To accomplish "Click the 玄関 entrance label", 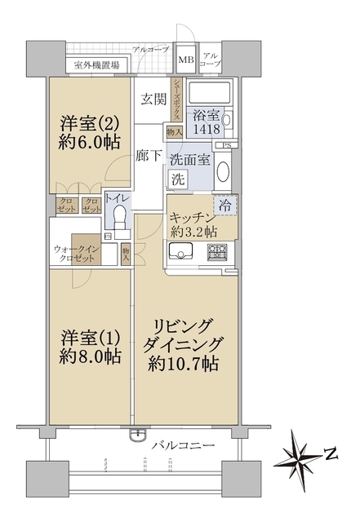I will point(152,100).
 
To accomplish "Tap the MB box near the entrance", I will point(186,60).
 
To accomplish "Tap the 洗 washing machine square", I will point(176,179).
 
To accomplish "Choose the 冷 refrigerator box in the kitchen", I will point(225,206).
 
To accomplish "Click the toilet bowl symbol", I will point(121,216).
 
